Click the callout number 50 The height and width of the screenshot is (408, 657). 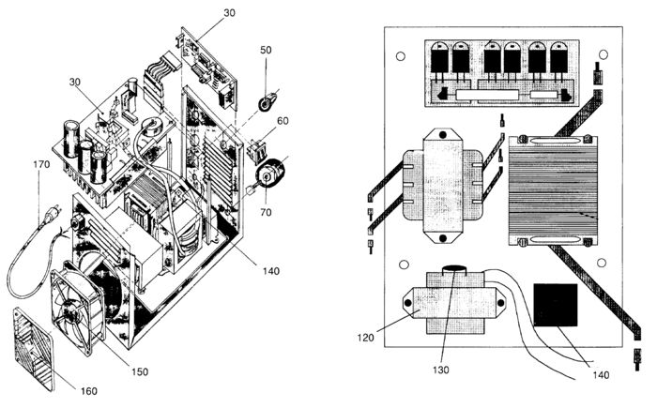[x=266, y=50]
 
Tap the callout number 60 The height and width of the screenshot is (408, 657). [x=283, y=121]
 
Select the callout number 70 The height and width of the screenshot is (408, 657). [x=266, y=212]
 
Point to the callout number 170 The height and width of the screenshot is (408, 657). [x=41, y=165]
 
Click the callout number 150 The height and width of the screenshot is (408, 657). [x=140, y=371]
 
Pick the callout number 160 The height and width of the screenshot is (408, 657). [x=88, y=391]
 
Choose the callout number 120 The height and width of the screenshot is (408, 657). [x=365, y=338]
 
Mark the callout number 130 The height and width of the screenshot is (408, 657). [x=441, y=370]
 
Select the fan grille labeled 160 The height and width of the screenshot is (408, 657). [x=34, y=349]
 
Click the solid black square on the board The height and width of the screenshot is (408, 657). [x=556, y=305]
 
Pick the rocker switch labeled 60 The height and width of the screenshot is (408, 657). [x=256, y=149]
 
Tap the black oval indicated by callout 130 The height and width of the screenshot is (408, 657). [x=453, y=269]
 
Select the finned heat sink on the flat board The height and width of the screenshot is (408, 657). [x=553, y=190]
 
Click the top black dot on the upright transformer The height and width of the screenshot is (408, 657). [x=442, y=135]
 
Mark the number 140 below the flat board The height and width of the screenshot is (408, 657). [x=601, y=375]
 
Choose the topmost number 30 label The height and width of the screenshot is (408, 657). [x=229, y=13]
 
